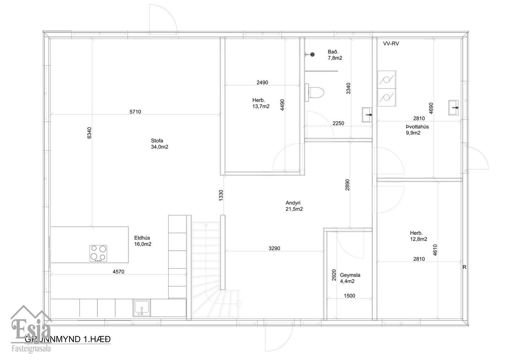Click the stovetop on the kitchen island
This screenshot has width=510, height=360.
tap(98, 253)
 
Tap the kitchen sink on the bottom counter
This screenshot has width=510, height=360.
tap(142, 308)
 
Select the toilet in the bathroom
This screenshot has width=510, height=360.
tap(315, 92)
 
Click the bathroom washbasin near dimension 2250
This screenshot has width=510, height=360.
tap(367, 114)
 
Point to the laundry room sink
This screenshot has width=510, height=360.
tap(453, 107)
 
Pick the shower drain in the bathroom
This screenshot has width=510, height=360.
tap(312, 55)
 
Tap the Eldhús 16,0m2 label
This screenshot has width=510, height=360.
tap(143, 241)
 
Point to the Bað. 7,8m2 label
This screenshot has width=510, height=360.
tap(335, 55)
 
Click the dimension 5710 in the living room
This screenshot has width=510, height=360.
tap(135, 112)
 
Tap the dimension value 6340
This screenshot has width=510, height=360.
tap(89, 133)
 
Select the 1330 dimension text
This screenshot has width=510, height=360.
tap(221, 195)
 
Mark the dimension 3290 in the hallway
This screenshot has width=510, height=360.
tap(274, 248)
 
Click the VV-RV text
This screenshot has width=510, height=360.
tap(391, 44)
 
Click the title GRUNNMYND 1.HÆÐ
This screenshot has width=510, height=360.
tap(68, 339)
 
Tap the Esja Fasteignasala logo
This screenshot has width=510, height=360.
tap(31, 329)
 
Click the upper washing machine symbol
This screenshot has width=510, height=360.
tap(387, 80)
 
